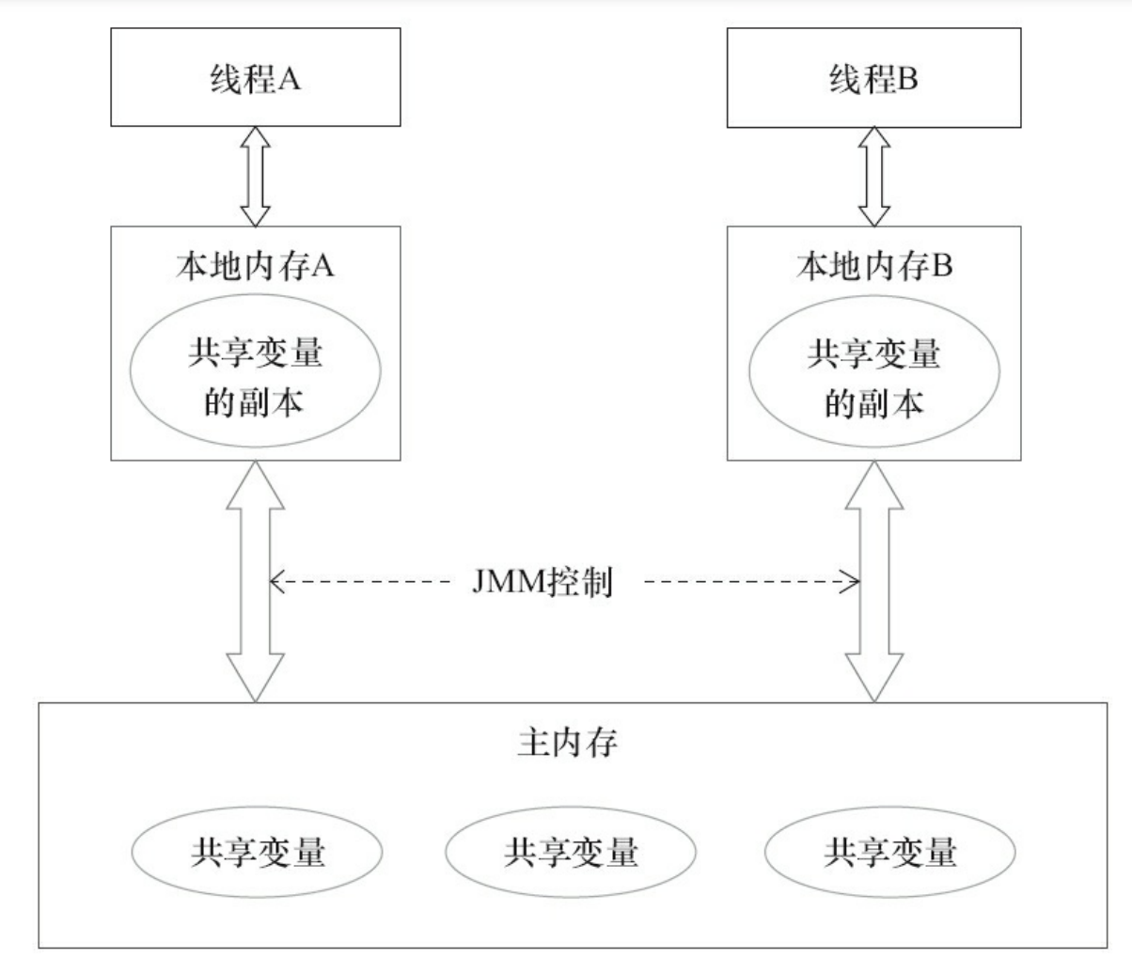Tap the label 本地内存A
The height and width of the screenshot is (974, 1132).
coord(256,266)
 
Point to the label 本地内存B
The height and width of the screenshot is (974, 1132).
coord(873,266)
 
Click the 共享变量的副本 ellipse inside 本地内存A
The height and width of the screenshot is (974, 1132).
coord(255,378)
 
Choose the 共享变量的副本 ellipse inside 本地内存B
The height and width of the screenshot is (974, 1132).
coord(873,378)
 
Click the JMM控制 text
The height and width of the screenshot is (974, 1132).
coord(542,583)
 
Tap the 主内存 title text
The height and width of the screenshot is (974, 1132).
coord(567,743)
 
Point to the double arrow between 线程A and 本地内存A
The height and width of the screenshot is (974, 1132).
coord(256,176)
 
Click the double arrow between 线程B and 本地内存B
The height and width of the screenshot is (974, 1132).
coord(874,176)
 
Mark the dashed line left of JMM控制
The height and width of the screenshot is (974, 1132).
coord(367,583)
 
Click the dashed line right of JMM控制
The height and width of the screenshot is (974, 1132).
coord(743,583)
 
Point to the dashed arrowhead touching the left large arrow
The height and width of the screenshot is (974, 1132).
coord(276,583)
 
